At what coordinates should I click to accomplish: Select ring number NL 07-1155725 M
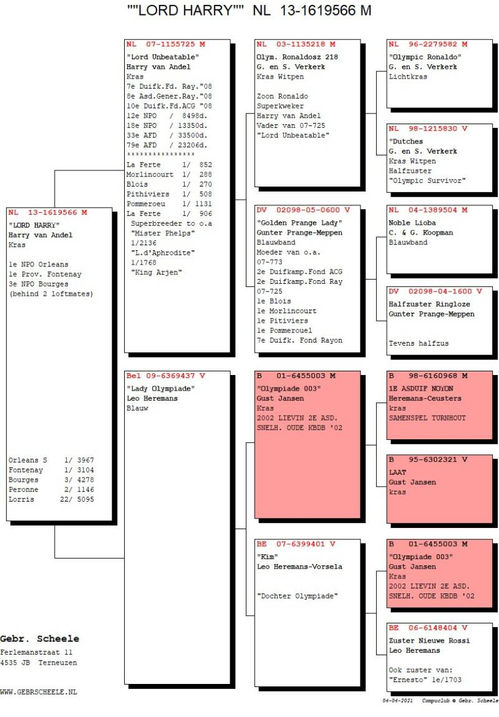(165, 44)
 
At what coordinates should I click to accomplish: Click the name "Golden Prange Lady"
(299, 223)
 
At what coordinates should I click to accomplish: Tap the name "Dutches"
(406, 142)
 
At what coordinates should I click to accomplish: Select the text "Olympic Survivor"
(427, 180)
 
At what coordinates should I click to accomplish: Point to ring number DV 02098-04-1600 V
(435, 291)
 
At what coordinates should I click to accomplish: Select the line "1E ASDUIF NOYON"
(422, 389)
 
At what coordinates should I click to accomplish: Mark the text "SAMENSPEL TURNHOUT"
(427, 418)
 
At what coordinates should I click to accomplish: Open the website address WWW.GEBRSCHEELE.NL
(39, 692)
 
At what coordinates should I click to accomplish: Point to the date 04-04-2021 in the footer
(397, 701)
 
